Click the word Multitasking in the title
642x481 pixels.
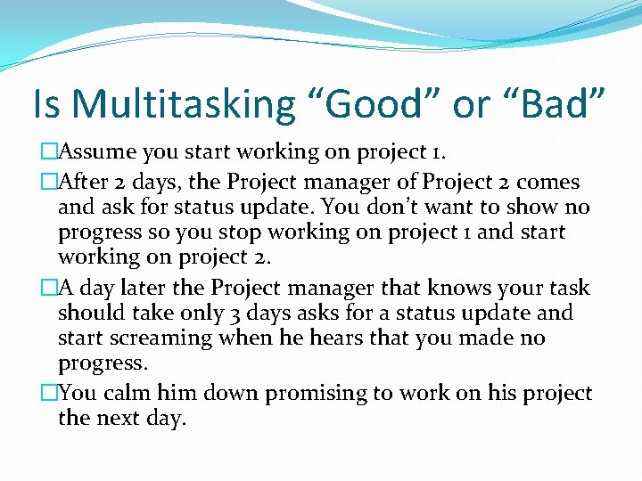182,104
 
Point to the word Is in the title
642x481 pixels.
47,104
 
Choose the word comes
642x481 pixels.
548,183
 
